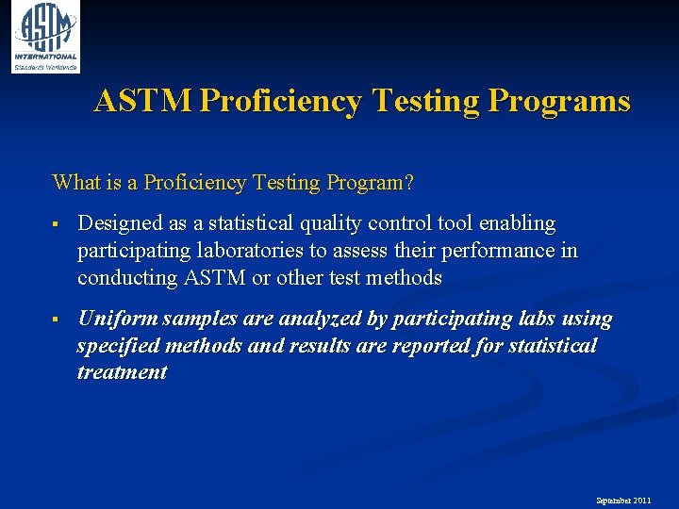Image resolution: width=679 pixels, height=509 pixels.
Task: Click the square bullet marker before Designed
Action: tap(58, 224)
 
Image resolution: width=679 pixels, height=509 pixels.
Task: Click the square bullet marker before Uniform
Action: tap(58, 320)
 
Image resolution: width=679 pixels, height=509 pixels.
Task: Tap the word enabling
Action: tap(517, 223)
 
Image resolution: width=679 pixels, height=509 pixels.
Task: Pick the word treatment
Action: tap(122, 372)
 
